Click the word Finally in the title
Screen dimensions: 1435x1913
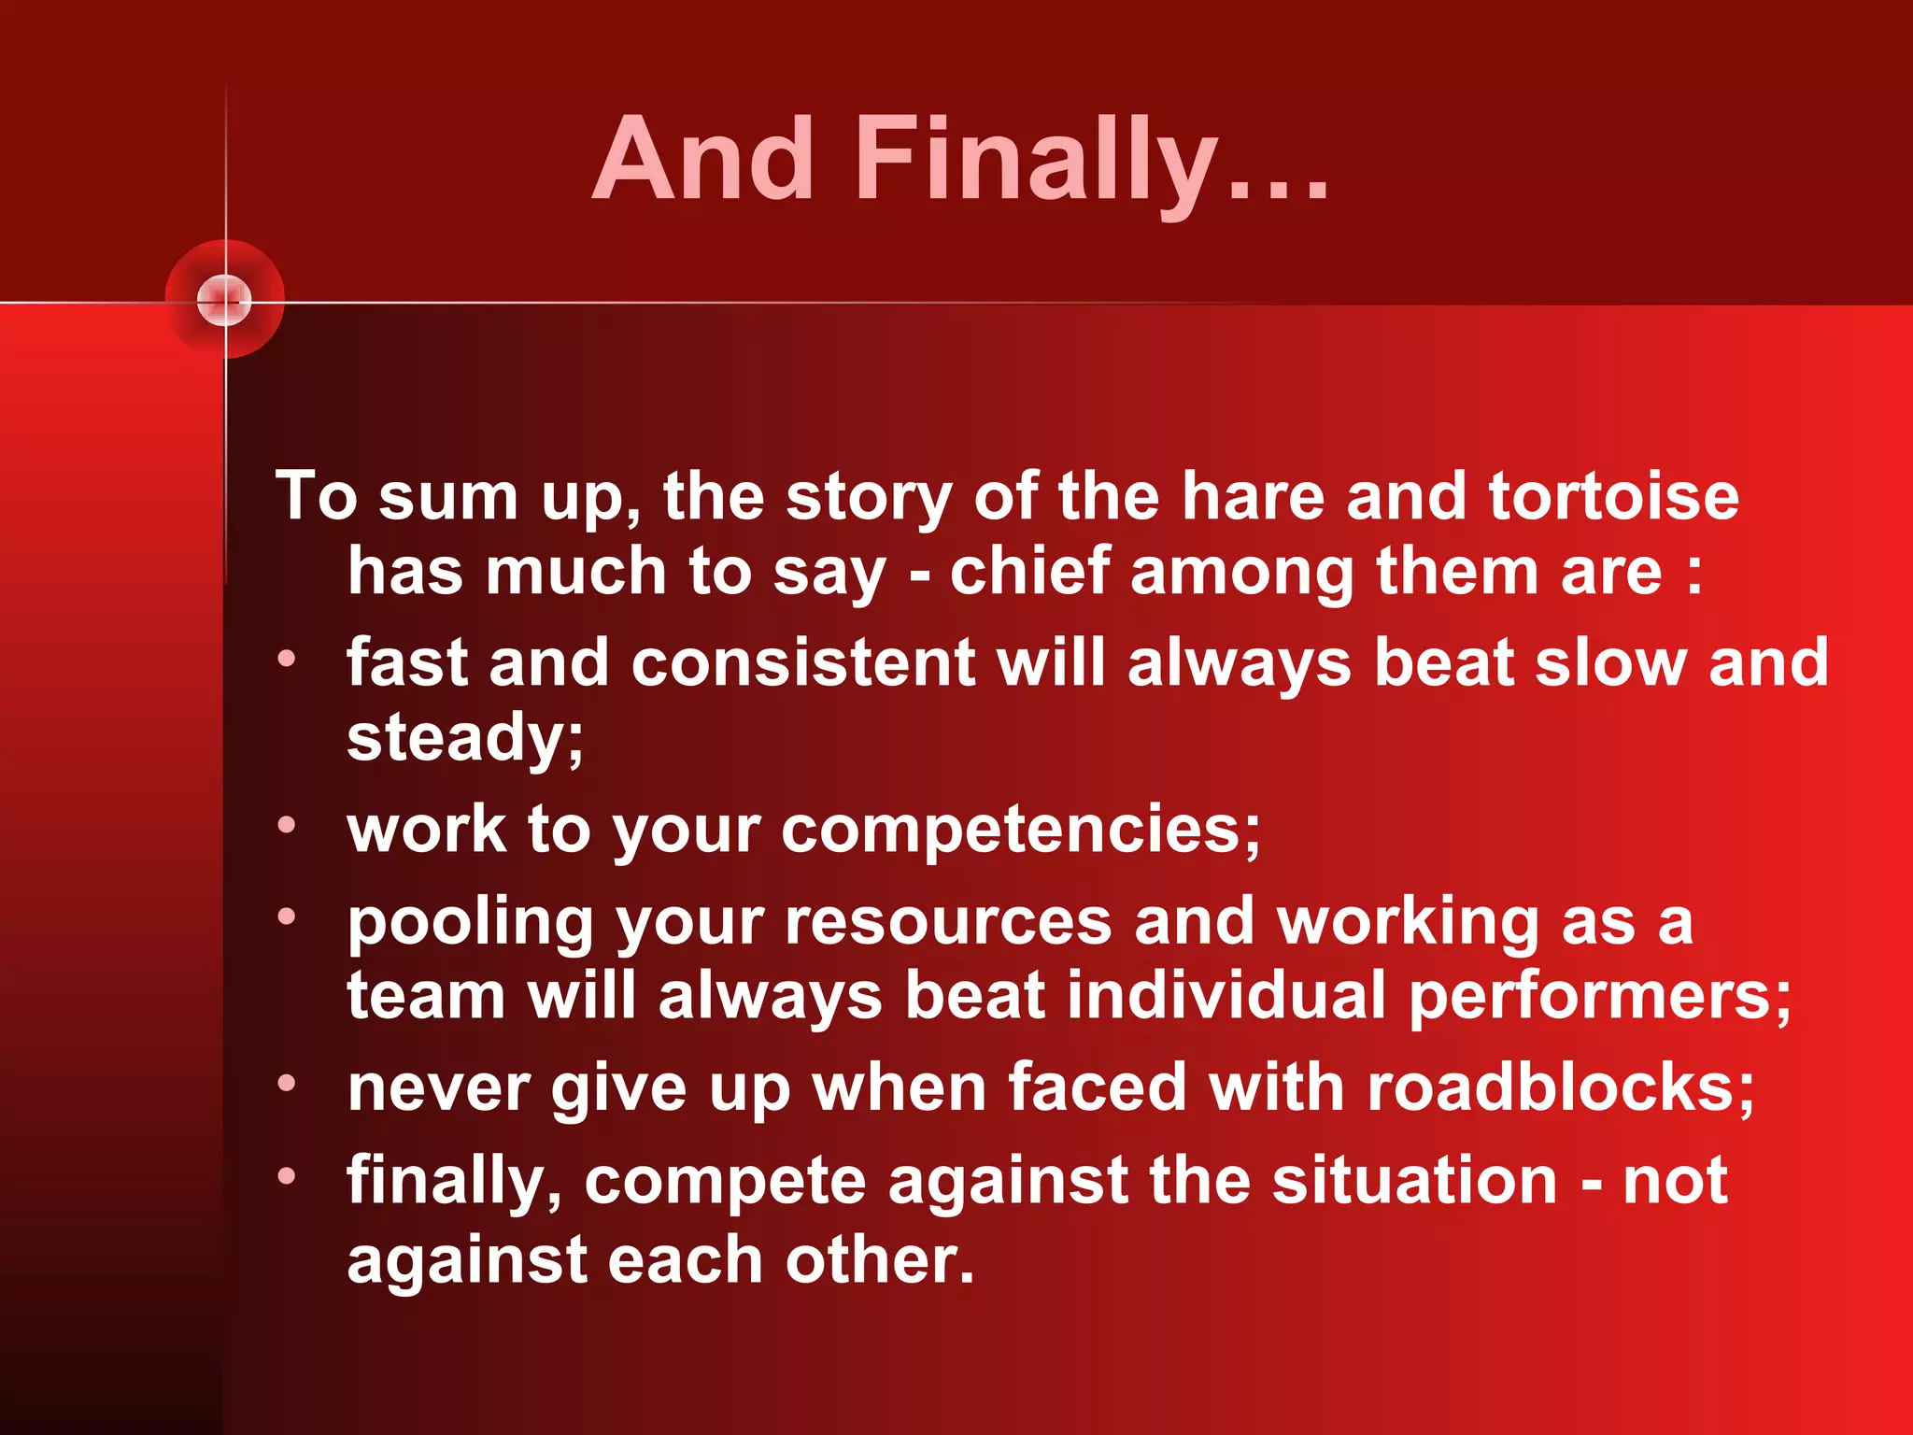click(x=1037, y=161)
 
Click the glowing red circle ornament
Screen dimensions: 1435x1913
click(x=225, y=300)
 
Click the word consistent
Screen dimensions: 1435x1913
click(x=803, y=663)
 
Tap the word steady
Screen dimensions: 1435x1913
click(x=458, y=738)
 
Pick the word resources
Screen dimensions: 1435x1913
click(x=948, y=923)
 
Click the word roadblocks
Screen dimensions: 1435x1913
click(x=1551, y=1088)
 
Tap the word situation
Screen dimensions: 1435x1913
click(x=1414, y=1180)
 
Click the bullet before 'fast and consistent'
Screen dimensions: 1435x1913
click(x=286, y=659)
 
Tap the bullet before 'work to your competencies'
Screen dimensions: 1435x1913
click(x=286, y=825)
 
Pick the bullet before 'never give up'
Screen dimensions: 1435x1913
click(x=286, y=1084)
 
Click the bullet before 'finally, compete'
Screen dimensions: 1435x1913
click(x=286, y=1175)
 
